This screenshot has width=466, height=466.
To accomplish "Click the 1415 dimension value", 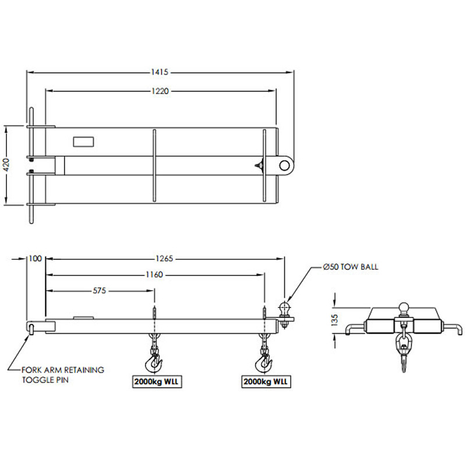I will [159, 72].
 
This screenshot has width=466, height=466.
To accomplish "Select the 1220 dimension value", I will [161, 91].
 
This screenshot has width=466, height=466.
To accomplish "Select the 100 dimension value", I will [35, 258].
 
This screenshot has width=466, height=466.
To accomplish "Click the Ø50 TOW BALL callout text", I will [351, 267].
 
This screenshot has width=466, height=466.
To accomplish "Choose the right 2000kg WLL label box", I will [265, 382].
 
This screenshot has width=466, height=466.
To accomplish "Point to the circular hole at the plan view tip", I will [285, 165].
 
